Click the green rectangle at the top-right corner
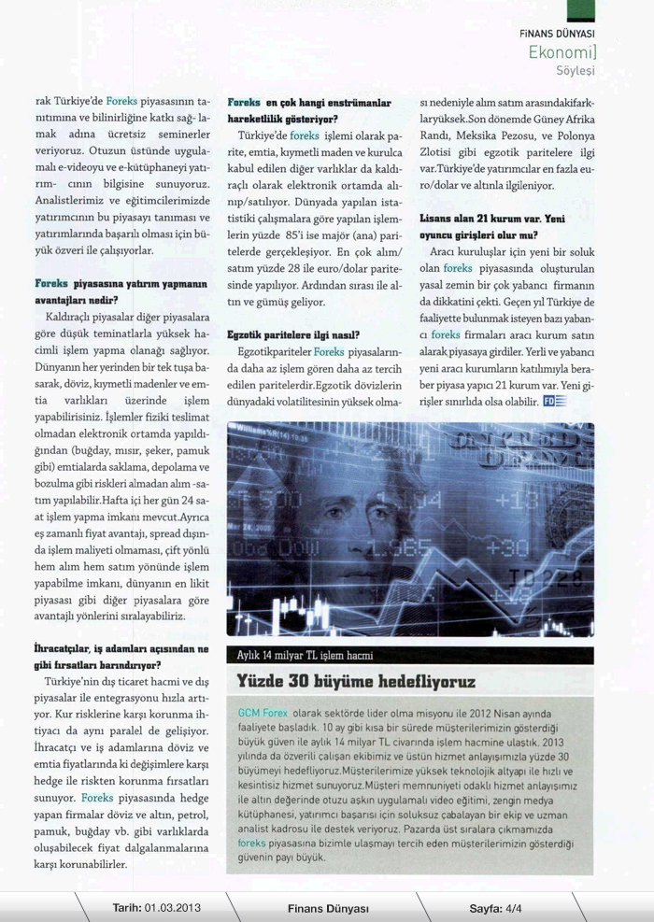coord(582,10)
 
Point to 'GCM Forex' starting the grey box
coord(263,713)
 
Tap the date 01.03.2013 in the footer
coord(172,907)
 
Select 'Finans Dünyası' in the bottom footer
coord(328,907)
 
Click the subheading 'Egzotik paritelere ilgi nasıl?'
coord(293,333)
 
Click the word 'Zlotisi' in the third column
coord(439,152)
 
